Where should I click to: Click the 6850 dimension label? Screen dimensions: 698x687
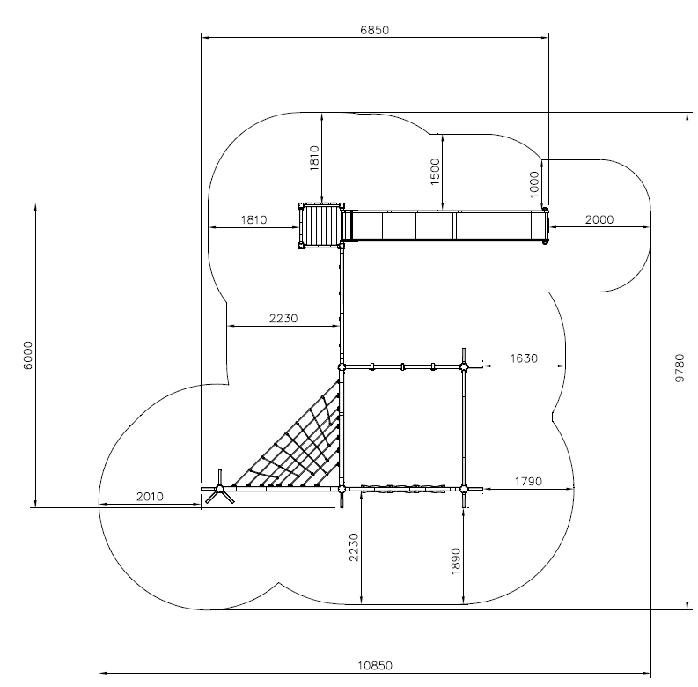(x=374, y=30)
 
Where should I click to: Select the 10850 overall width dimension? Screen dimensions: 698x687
(x=375, y=666)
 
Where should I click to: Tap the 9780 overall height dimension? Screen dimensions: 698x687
(x=680, y=367)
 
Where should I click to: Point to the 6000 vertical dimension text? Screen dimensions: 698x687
(x=27, y=355)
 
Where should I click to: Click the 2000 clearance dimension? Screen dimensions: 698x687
(x=599, y=219)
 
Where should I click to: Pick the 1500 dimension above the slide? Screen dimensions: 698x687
(x=435, y=172)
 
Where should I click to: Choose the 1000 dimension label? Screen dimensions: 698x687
(x=534, y=184)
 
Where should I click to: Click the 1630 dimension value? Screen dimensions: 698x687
(x=524, y=358)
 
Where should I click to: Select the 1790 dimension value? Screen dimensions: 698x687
(x=528, y=481)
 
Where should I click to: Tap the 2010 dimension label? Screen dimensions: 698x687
(x=150, y=497)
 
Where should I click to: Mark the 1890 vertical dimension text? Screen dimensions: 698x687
(x=455, y=561)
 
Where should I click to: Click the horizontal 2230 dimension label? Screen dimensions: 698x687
(x=283, y=319)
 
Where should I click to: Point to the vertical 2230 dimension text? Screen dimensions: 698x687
(x=354, y=547)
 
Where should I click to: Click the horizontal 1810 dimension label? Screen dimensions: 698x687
(x=253, y=219)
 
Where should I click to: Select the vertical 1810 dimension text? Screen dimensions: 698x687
(x=314, y=159)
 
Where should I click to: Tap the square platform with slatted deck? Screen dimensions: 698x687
(x=321, y=225)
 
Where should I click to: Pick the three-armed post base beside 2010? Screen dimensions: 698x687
(x=219, y=488)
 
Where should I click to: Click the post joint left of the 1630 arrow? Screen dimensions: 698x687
(x=464, y=367)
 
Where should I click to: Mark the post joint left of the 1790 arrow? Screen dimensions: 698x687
(x=464, y=489)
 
